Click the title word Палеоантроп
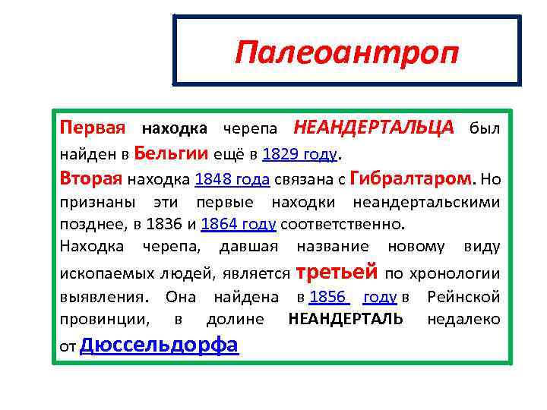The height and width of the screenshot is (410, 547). tap(346, 53)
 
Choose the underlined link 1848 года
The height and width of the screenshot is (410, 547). tap(232, 180)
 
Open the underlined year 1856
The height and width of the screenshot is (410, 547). tap(328, 297)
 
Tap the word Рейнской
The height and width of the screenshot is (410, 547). tap(463, 297)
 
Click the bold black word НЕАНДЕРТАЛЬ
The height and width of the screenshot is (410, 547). tap(346, 320)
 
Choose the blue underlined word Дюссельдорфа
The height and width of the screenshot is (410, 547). tap(158, 345)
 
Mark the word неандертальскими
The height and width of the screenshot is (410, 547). tap(426, 203)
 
